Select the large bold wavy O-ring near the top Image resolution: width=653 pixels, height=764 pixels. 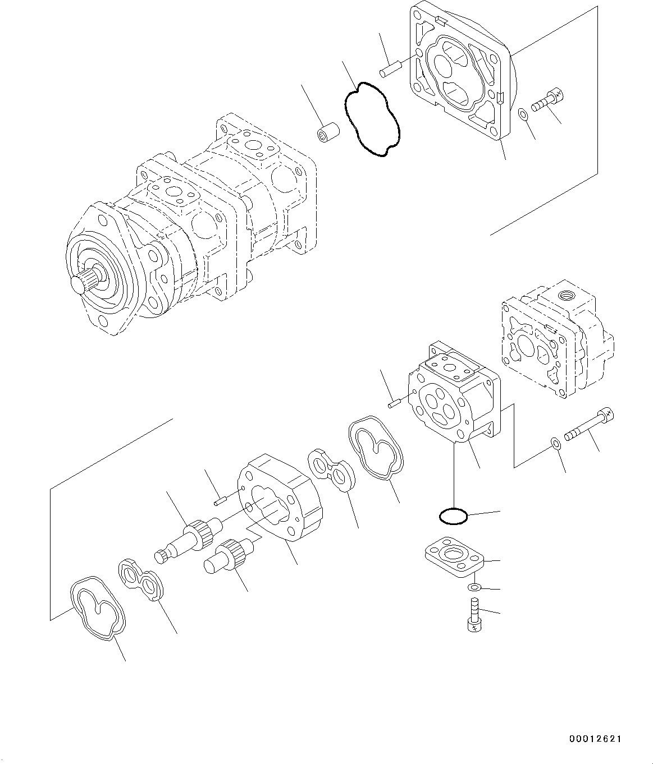(x=371, y=119)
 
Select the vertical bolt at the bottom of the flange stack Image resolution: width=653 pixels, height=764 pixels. (x=473, y=616)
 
